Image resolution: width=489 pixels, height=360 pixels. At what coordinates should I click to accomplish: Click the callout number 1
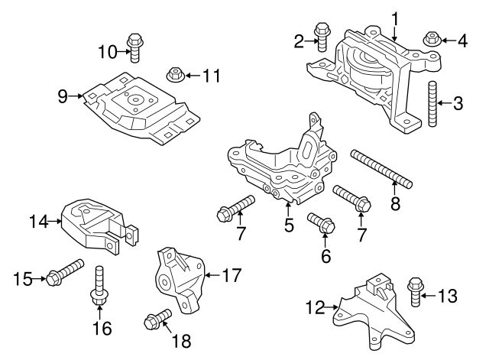point(395,16)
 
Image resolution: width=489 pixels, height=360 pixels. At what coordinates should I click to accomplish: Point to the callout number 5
point(289,227)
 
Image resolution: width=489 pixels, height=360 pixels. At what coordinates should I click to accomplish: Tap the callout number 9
point(62,96)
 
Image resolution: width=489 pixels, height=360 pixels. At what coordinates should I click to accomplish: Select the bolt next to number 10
point(134,47)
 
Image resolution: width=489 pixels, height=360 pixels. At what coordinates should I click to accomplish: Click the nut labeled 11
point(174,75)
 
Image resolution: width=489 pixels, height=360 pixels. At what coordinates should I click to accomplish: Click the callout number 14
point(34,222)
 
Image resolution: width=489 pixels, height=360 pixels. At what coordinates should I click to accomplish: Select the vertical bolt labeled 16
point(99,287)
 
